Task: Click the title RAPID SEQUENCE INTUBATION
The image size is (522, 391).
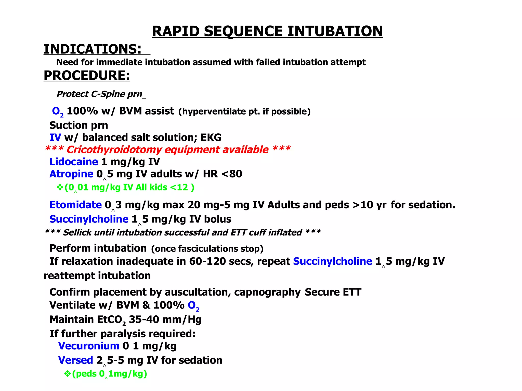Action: pos(267,31)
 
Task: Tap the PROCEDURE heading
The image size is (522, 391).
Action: pos(87,75)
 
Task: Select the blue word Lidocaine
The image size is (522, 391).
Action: pos(74,162)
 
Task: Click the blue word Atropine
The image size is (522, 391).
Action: pos(71,174)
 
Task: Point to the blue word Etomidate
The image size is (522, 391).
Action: pos(75,205)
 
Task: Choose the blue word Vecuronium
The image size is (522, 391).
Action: pos(89,346)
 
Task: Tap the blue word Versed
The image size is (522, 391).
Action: pos(75,360)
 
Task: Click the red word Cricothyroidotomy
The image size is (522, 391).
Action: pos(114,150)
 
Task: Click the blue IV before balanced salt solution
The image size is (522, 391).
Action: pos(55,138)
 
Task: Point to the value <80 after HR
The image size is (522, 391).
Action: pos(232,174)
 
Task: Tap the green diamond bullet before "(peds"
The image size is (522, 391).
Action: pos(67,374)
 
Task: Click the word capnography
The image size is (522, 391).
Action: pos(267,292)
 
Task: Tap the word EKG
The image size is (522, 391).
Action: pos(211,138)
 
